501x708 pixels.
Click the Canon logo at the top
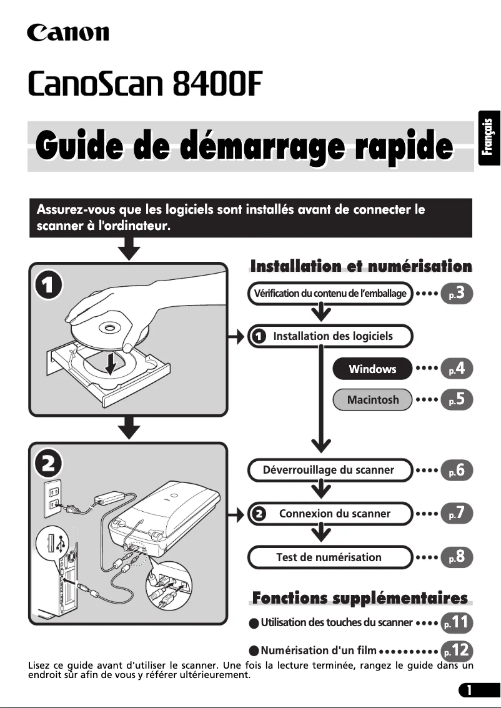pyautogui.click(x=67, y=32)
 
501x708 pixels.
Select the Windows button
pyautogui.click(x=372, y=369)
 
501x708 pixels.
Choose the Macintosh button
pyautogui.click(x=372, y=400)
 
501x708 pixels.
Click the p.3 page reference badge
pyautogui.click(x=457, y=294)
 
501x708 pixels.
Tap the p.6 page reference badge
pyautogui.click(x=457, y=471)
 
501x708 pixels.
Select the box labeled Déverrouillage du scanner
pyautogui.click(x=330, y=470)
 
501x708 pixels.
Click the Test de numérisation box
pyautogui.click(x=330, y=557)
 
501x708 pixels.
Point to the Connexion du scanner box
pyautogui.click(x=330, y=514)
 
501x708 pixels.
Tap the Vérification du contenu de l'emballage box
pyautogui.click(x=330, y=294)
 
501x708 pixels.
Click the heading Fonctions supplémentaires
pyautogui.click(x=360, y=599)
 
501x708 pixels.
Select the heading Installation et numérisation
pyautogui.click(x=361, y=267)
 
